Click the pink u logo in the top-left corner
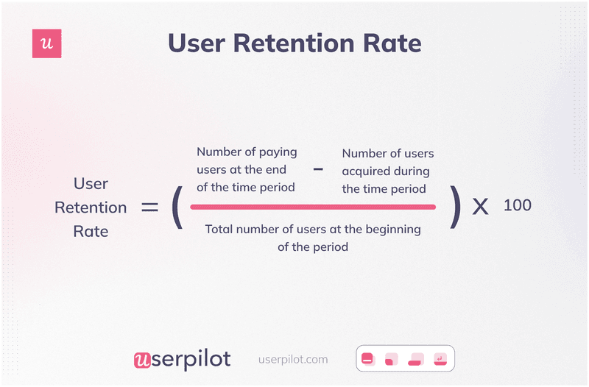(47, 44)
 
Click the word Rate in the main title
(392, 43)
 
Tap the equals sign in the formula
(150, 207)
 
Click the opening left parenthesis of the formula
(177, 207)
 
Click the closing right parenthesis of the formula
(456, 207)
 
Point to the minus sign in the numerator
(318, 169)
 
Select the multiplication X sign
(480, 207)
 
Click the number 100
(518, 205)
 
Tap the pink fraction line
(313, 207)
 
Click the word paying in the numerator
(279, 152)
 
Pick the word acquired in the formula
(365, 171)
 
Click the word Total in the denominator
(219, 229)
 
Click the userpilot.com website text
(293, 360)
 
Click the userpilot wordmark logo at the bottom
(182, 359)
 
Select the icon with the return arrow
(440, 360)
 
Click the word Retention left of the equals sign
(91, 207)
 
